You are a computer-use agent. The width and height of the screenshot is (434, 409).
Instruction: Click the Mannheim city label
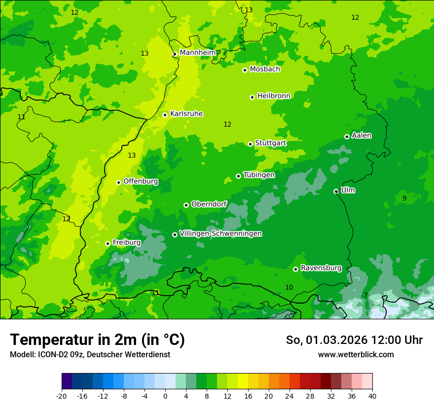(197, 52)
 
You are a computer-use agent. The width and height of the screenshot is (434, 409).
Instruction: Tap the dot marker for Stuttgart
(251, 144)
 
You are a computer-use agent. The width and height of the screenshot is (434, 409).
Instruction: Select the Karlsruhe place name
(186, 114)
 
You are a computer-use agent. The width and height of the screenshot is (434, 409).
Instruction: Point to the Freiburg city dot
(108, 243)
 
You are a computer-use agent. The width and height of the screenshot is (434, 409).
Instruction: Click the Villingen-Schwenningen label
(220, 234)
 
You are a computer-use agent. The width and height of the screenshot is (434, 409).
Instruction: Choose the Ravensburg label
(321, 268)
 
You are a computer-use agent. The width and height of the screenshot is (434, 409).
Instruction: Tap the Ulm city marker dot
(336, 191)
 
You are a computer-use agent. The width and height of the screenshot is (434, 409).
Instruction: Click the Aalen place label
(362, 136)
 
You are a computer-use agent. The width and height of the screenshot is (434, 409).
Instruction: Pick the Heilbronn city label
(274, 96)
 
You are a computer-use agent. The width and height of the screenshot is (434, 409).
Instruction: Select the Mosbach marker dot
(245, 70)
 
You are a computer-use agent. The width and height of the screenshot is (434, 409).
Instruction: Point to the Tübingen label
(259, 175)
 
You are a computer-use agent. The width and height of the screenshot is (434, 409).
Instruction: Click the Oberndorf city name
(209, 204)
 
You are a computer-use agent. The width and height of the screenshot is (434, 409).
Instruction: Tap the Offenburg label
(141, 181)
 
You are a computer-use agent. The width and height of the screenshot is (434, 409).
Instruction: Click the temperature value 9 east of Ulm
(404, 198)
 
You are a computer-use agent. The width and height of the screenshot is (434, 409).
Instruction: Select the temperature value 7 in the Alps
(365, 295)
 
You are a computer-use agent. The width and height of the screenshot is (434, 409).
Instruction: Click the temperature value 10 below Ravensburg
(289, 287)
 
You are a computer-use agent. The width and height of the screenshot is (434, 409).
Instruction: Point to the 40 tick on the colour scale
(372, 396)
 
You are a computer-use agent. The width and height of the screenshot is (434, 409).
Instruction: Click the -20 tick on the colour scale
(62, 396)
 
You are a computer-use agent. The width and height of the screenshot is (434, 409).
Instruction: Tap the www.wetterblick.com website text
(356, 354)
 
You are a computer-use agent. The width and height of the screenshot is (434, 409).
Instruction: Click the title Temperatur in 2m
(97, 340)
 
